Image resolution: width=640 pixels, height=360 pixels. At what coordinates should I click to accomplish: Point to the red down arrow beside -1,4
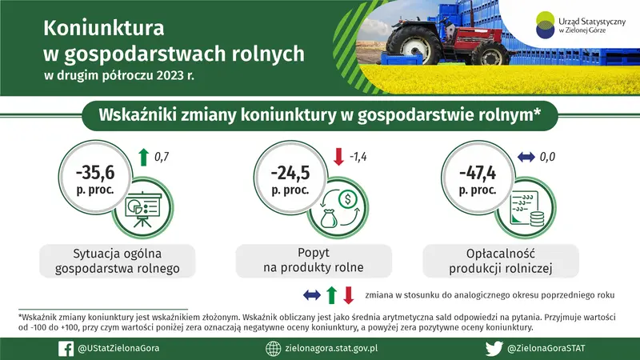(338, 156)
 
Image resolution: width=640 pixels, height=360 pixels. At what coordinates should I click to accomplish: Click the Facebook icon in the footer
(66, 348)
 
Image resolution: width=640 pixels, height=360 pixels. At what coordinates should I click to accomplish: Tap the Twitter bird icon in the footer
(494, 348)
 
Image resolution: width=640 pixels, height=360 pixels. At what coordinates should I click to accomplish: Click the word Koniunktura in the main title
(103, 29)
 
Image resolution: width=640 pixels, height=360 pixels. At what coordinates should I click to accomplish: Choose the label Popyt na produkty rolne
(313, 259)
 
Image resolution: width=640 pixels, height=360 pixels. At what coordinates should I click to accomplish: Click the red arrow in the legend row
(348, 295)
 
